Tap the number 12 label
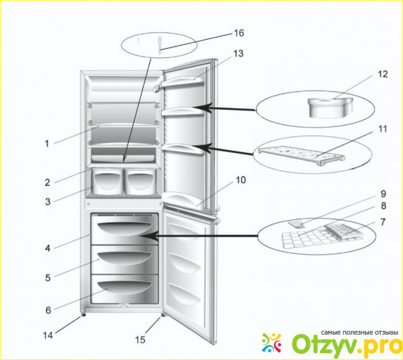pos(383,74)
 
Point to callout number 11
pos(383,129)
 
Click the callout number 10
pos(241,180)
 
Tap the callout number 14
pos(48,335)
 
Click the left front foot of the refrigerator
pos(82,317)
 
